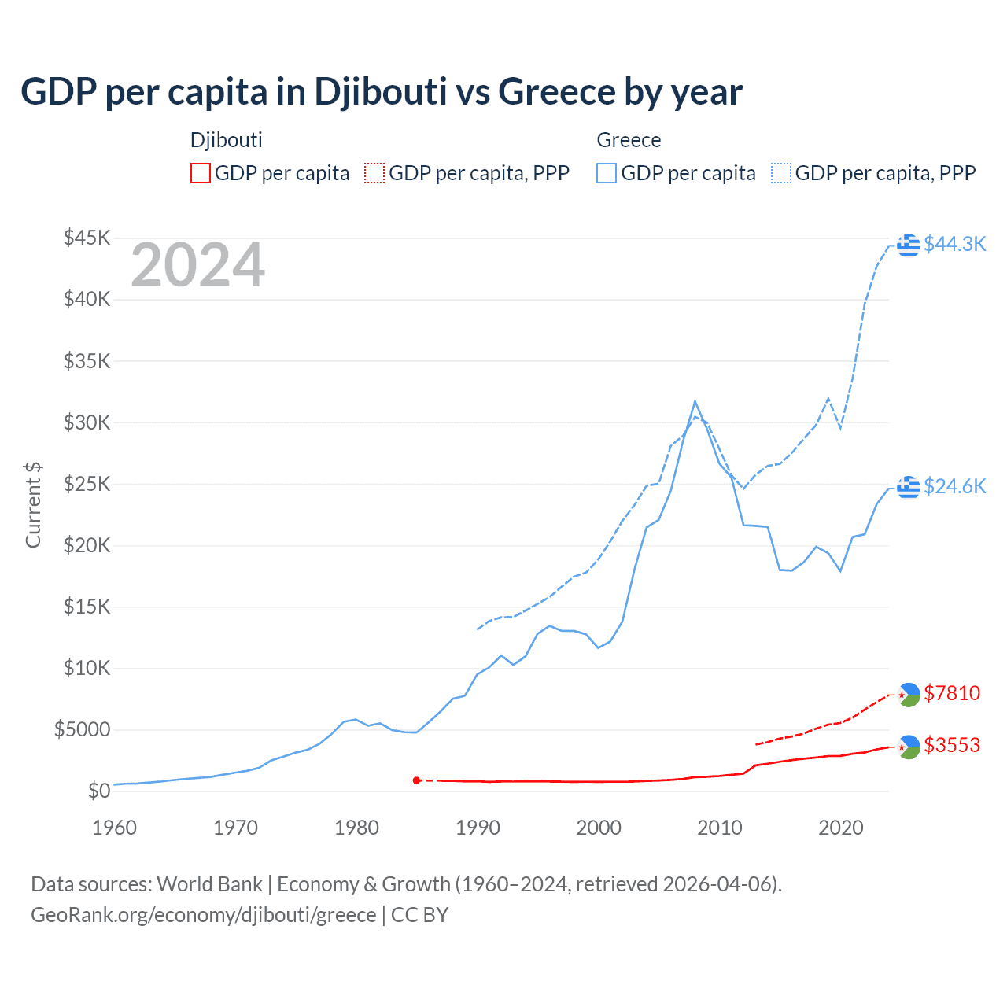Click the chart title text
pyautogui.click(x=381, y=92)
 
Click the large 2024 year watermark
pyautogui.click(x=197, y=266)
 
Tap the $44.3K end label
pyautogui.click(x=954, y=245)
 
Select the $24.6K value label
pyautogui.click(x=954, y=487)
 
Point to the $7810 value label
pyautogui.click(x=952, y=693)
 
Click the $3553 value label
pyautogui.click(x=952, y=745)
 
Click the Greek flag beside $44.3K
pyautogui.click(x=909, y=245)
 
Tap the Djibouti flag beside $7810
pyautogui.click(x=909, y=695)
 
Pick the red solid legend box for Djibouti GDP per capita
pyautogui.click(x=201, y=173)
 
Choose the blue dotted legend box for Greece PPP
pyautogui.click(x=781, y=173)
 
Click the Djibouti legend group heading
pyautogui.click(x=227, y=140)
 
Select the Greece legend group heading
pyautogui.click(x=629, y=140)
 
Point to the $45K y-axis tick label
pyautogui.click(x=87, y=238)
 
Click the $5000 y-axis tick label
pyautogui.click(x=82, y=729)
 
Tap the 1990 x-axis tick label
pyautogui.click(x=478, y=828)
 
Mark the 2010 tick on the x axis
pyautogui.click(x=720, y=828)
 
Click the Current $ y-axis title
pyautogui.click(x=33, y=505)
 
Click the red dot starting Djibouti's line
pyautogui.click(x=416, y=780)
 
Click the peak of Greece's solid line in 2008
pyautogui.click(x=695, y=401)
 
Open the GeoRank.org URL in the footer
pyautogui.click(x=203, y=915)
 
